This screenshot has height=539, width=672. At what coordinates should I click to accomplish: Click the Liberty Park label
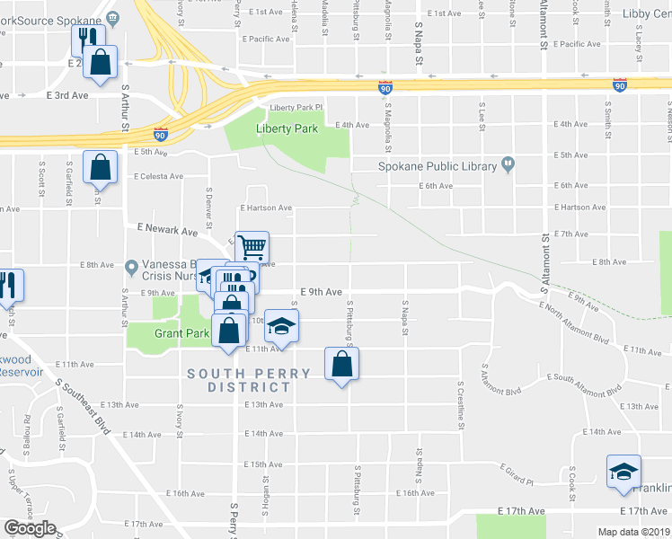pyautogui.click(x=287, y=128)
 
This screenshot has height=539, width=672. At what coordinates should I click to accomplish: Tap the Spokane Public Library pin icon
pyautogui.click(x=508, y=165)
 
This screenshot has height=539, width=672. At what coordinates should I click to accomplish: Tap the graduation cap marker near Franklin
pyautogui.click(x=623, y=472)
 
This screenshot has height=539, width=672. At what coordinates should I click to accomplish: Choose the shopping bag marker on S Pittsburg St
pyautogui.click(x=341, y=364)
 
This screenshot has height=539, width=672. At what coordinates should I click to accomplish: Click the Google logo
pyautogui.click(x=30, y=528)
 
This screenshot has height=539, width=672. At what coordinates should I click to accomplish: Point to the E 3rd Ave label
pyautogui.click(x=67, y=94)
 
